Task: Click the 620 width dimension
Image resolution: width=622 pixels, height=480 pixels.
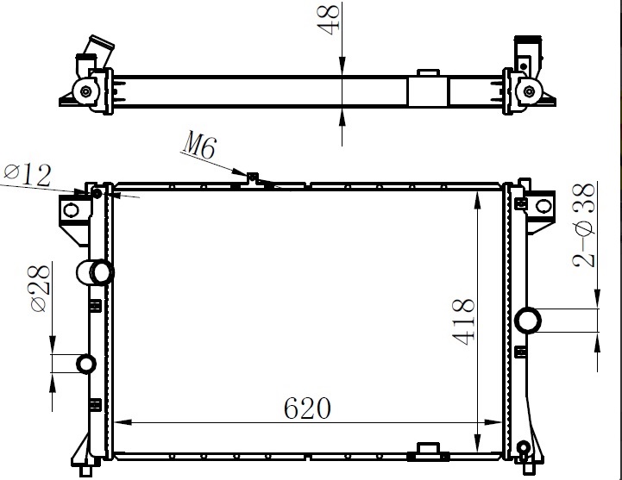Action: pos(307,408)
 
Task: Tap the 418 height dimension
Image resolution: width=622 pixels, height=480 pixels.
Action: pos(463,321)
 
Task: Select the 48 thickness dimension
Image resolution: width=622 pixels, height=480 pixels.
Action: pos(329,20)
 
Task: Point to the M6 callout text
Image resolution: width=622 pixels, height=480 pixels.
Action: pos(200,147)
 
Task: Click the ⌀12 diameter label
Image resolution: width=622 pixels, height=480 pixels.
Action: pos(28,175)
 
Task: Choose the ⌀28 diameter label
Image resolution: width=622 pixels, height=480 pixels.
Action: pos(40,289)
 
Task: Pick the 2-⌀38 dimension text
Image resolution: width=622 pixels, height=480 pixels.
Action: pos(584,225)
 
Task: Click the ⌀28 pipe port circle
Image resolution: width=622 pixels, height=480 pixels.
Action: pos(86,365)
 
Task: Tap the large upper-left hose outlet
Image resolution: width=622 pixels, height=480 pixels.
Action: pos(95,272)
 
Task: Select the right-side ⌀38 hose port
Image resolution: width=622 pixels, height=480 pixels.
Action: pos(528,321)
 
